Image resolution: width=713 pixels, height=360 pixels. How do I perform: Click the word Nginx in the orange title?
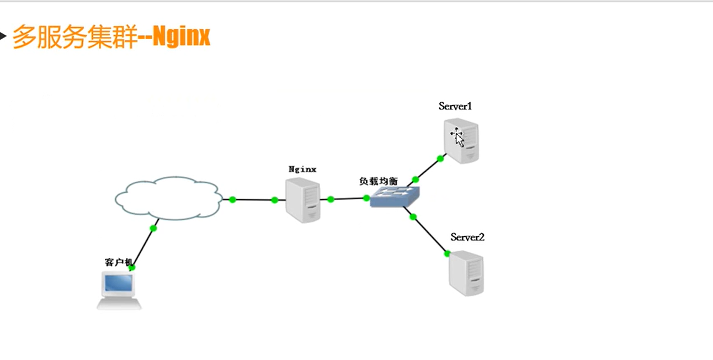(182, 37)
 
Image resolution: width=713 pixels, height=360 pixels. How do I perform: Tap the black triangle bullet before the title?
(3, 37)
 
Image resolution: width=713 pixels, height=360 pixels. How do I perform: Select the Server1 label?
(455, 106)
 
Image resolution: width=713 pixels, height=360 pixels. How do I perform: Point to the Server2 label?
(467, 237)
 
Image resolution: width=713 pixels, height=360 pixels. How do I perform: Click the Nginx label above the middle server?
(302, 169)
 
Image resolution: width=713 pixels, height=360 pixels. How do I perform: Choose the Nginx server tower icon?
(303, 202)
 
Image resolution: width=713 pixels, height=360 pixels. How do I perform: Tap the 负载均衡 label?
(378, 181)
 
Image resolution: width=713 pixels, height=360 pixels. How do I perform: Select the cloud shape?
(169, 198)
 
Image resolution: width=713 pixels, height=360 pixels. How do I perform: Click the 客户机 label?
(118, 262)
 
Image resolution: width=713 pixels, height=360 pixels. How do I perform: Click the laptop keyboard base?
(119, 304)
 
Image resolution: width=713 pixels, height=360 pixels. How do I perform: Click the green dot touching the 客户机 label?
(132, 268)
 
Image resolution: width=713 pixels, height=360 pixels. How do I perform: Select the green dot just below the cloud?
(153, 228)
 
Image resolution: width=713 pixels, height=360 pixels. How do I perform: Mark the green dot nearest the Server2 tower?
(447, 253)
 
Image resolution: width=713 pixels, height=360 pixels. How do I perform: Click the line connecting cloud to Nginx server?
(254, 199)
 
